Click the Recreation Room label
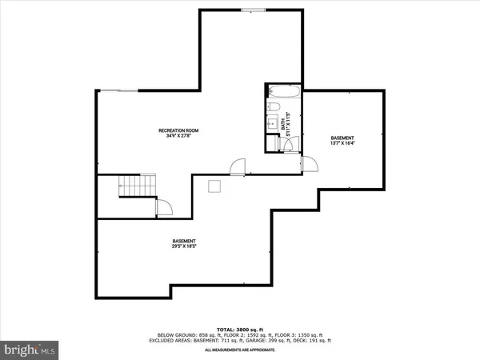(178, 130)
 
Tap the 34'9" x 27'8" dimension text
(178, 135)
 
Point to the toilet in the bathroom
(274, 106)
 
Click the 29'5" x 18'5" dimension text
(184, 247)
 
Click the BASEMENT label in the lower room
(184, 242)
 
